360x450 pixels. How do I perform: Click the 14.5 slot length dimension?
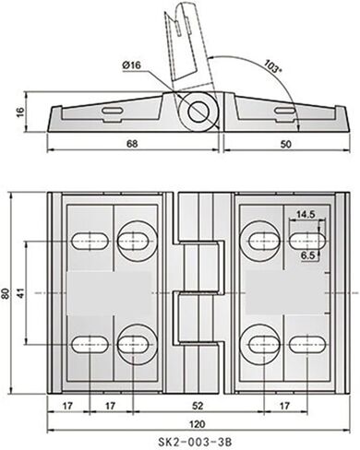click(305, 215)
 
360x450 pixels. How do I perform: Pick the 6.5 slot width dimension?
click(308, 254)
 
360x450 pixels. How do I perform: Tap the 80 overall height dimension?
click(8, 293)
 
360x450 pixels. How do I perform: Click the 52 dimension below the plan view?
click(199, 404)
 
